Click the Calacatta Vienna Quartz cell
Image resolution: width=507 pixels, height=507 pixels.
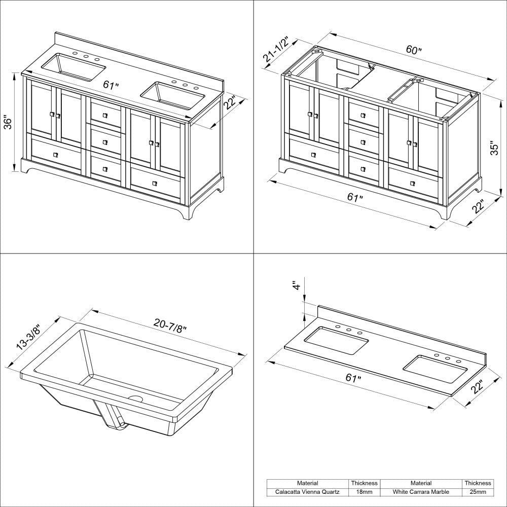click(308, 492)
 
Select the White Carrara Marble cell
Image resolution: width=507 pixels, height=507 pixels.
click(421, 492)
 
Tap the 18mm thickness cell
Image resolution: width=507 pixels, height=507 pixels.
click(365, 492)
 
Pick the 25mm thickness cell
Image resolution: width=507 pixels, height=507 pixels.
click(477, 492)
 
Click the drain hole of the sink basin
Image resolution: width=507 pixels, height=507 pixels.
click(135, 399)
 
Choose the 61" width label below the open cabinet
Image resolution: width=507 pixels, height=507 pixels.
click(355, 197)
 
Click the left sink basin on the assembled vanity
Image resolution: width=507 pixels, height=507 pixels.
click(74, 68)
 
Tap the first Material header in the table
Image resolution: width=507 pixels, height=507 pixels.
click(308, 483)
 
